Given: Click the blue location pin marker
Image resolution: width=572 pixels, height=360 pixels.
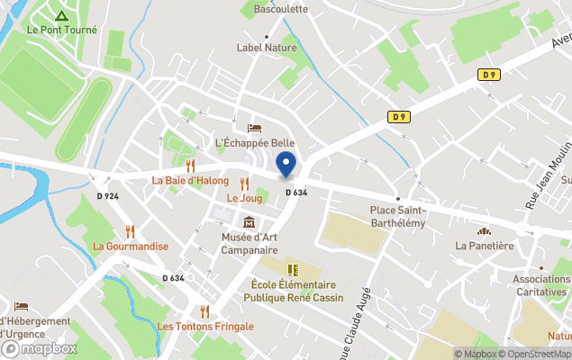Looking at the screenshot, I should point(286,165).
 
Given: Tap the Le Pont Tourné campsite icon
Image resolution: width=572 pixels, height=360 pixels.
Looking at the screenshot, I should point(60,15).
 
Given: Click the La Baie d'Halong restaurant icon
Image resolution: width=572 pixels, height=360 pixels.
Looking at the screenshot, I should point(190,166).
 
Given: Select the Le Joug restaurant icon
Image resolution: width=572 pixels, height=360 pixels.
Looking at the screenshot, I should point(244,184).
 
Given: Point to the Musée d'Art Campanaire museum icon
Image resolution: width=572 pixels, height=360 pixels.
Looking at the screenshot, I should point(249,222).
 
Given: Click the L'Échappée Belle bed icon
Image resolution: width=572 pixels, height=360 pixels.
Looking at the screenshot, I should point(254,129).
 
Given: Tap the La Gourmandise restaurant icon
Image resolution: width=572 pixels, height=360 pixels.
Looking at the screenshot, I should point(130,231).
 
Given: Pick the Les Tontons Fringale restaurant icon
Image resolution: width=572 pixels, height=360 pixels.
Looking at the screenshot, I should point(204,311).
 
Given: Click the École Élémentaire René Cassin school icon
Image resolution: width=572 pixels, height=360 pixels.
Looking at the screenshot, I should point(292,270).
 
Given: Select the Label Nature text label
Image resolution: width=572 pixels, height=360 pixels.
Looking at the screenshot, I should point(267,48).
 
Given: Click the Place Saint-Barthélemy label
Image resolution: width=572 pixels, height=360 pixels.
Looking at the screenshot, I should point(397,216).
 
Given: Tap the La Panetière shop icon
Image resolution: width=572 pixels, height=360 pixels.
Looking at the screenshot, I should point(484,231).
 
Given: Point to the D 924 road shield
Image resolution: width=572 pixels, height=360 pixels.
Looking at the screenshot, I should point(107,195).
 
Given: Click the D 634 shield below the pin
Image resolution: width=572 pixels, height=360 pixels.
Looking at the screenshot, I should point(296,192).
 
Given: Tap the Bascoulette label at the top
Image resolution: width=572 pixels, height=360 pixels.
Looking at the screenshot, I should point(280,9).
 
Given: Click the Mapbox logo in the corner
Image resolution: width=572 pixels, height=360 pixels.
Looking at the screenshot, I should point(40,348).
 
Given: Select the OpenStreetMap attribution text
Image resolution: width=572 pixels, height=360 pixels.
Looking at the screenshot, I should point(535,354).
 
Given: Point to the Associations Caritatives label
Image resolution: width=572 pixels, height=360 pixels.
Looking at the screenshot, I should point(541,284).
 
